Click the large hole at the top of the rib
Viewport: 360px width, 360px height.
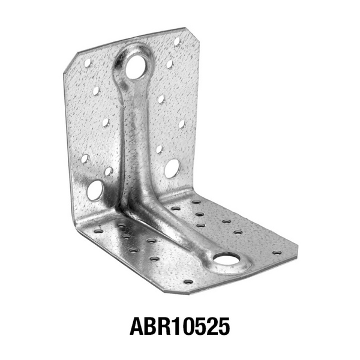tap(137, 67)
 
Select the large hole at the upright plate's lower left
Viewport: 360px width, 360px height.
tap(95, 190)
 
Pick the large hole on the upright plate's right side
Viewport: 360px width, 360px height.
tap(172, 168)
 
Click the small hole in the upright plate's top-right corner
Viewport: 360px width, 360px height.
tap(177, 41)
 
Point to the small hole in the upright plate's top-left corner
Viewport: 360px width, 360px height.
tap(88, 63)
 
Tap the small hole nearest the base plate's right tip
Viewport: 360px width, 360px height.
tap(277, 253)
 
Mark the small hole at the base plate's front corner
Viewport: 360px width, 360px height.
tap(188, 281)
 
